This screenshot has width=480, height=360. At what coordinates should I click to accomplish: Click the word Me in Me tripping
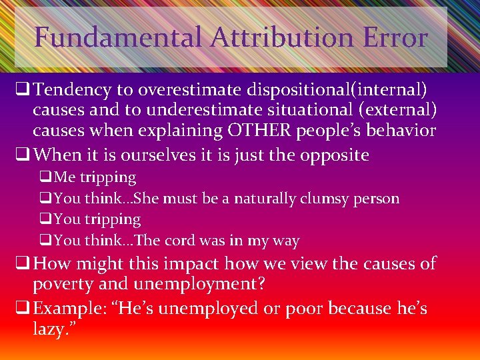[65, 177]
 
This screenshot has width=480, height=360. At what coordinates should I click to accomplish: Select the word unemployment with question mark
[193, 284]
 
